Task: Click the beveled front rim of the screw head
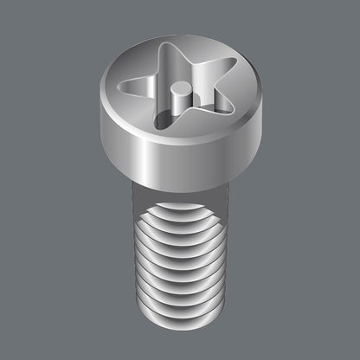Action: tap(182, 142)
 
